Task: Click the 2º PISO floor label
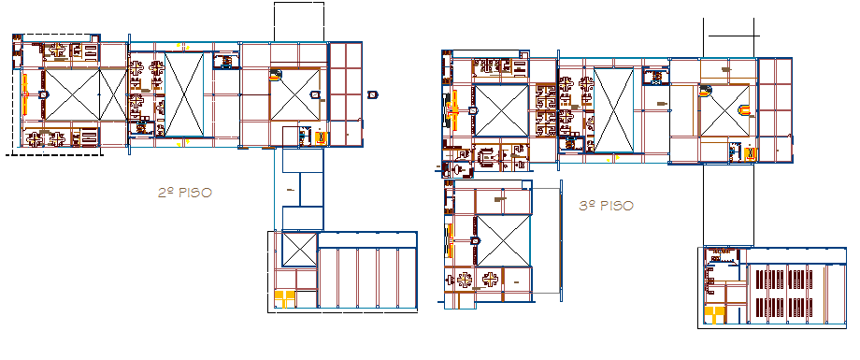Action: [x=184, y=192]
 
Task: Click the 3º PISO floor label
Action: [x=606, y=205]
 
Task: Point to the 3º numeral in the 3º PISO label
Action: [x=587, y=205]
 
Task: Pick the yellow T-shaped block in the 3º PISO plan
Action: [x=714, y=313]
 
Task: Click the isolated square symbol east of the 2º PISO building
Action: [x=372, y=94]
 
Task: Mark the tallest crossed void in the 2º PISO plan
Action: [x=184, y=94]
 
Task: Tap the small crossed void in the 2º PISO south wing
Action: [x=299, y=249]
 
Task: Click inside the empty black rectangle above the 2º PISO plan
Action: [x=298, y=21]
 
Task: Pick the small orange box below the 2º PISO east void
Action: [x=321, y=137]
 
